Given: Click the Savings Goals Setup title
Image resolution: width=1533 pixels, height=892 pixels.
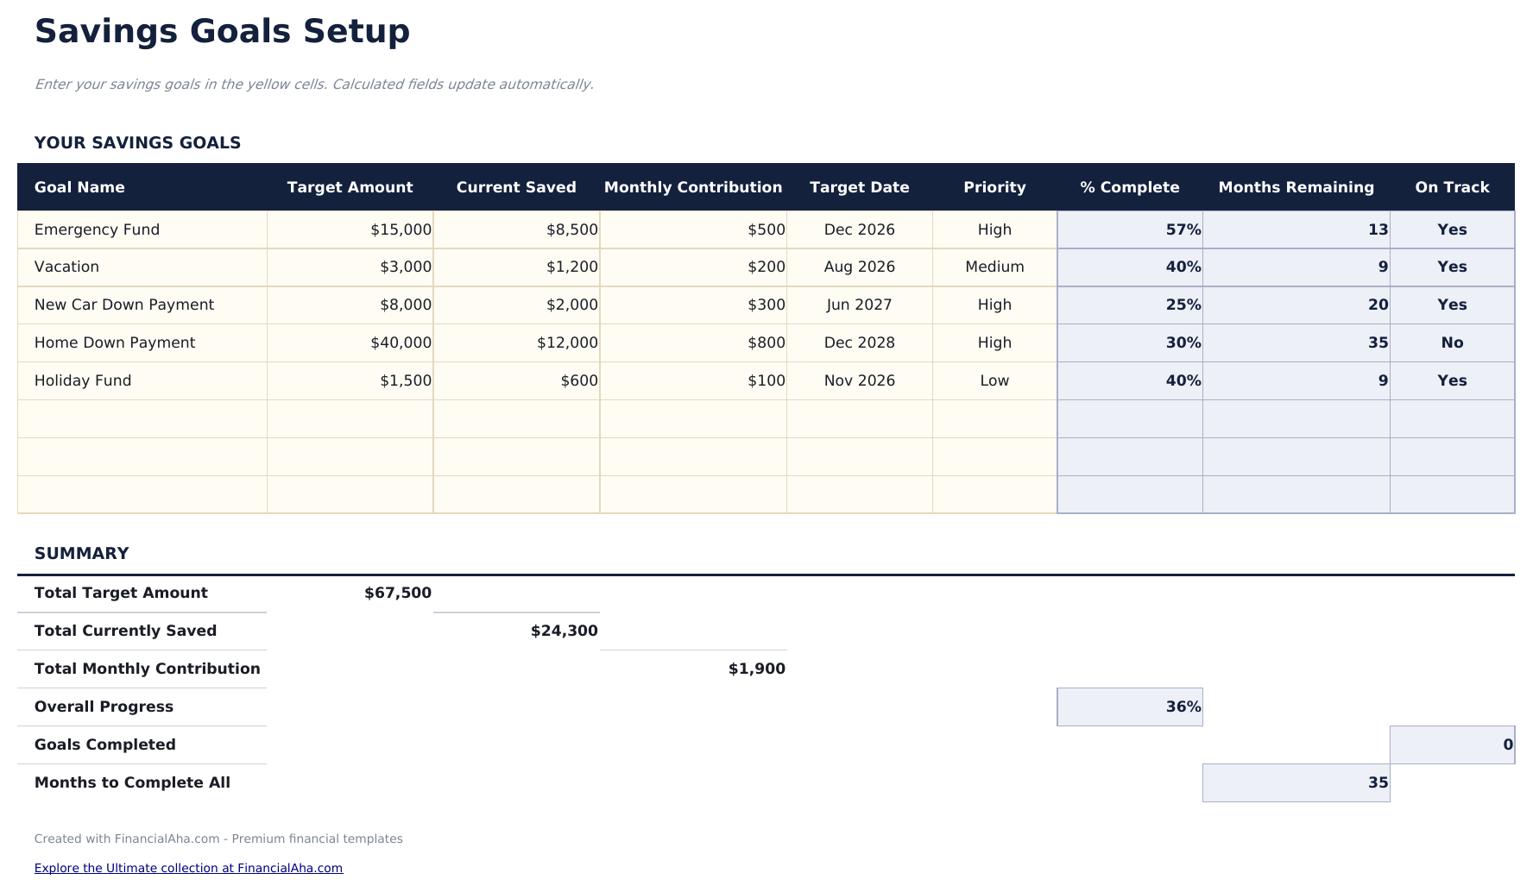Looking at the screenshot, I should [222, 32].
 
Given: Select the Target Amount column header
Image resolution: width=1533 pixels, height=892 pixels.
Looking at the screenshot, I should [350, 187].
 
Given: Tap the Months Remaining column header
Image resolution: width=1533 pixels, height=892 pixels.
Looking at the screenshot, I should [1296, 187].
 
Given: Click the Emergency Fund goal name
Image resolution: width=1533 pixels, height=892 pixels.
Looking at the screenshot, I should [97, 229].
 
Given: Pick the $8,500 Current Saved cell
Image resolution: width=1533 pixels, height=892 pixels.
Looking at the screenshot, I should [571, 229].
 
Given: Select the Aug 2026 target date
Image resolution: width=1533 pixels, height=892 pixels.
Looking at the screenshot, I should [859, 267].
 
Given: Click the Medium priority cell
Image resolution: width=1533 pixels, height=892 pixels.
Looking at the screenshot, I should [994, 267].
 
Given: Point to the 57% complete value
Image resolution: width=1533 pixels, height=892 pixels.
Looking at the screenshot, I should [1183, 229].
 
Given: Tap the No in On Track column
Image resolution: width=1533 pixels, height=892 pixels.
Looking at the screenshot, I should [1452, 342].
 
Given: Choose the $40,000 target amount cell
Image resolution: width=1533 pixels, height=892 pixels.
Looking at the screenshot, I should [401, 342].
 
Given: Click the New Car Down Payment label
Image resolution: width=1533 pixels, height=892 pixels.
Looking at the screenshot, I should [123, 305].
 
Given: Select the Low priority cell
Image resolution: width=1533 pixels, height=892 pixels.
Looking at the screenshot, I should [994, 380].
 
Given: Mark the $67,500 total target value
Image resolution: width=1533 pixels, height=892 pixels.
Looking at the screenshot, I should [397, 593].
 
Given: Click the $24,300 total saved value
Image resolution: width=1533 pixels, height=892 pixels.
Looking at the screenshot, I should [564, 631].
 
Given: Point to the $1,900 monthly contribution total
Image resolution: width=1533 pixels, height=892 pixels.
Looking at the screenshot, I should [756, 669].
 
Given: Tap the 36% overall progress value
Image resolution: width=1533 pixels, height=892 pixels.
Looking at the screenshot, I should [1183, 707].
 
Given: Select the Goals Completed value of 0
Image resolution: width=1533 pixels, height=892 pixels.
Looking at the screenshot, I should [1507, 744].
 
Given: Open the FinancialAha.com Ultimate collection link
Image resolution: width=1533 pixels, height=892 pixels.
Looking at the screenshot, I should [188, 868].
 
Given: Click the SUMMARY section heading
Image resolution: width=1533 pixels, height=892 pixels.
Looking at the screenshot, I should [81, 554].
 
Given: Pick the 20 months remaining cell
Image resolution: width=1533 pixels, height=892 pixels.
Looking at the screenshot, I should [1378, 305].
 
